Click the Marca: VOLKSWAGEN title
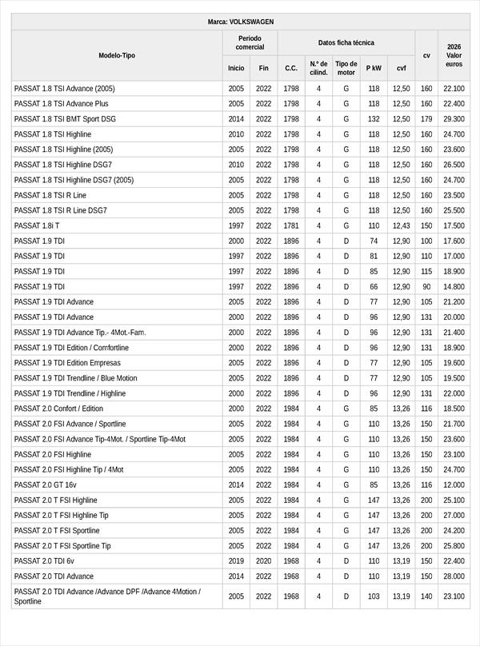240,22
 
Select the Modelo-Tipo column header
117,55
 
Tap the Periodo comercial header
250,42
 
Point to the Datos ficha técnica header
346,42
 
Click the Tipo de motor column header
346,68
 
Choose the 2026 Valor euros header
454,55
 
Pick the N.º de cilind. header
318,68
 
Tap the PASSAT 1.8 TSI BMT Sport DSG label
65,119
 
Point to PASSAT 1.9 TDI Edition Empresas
66,363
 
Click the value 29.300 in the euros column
454,119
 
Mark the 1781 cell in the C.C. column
291,225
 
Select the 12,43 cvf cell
401,225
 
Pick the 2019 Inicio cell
236,560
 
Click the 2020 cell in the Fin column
263,560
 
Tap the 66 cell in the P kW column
374,286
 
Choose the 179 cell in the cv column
426,119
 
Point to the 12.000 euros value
454,484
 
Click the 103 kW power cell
374,596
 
